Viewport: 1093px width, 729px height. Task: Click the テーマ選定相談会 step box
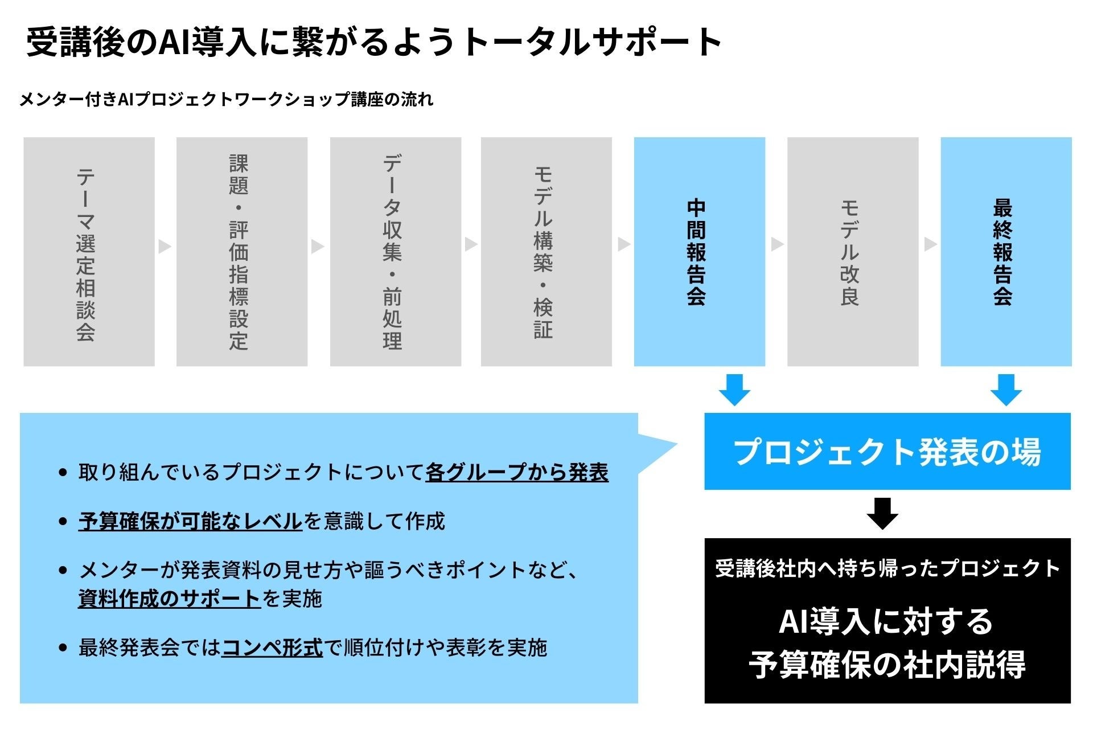click(89, 252)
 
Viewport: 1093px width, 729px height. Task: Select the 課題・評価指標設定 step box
click(242, 252)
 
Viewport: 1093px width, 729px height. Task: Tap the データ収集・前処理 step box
click(396, 252)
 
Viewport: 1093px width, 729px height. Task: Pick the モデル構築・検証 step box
click(546, 252)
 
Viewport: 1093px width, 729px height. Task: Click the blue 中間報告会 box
click(700, 252)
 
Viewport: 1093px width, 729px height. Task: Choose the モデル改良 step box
click(853, 252)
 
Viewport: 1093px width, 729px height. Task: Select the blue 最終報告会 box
click(1006, 252)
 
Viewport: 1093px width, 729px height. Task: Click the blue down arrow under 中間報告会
click(734, 390)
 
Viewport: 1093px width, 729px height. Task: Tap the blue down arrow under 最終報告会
click(1006, 390)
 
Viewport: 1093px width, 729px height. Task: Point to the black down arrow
click(882, 513)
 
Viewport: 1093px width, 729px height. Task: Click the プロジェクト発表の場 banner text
click(887, 452)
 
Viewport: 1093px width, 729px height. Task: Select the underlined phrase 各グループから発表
click(517, 472)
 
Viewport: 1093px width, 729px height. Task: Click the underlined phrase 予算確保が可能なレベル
click(190, 521)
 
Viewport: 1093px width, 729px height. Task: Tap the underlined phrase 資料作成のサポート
click(169, 599)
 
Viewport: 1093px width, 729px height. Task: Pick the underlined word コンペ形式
click(272, 648)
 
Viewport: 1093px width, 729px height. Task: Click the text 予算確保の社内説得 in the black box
click(887, 664)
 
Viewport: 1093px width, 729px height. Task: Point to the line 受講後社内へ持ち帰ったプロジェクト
click(887, 568)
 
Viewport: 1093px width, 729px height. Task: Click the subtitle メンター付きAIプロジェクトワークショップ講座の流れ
click(227, 100)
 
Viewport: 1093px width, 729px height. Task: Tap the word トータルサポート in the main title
click(592, 42)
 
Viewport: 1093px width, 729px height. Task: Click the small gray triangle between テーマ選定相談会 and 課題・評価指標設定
click(165, 246)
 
